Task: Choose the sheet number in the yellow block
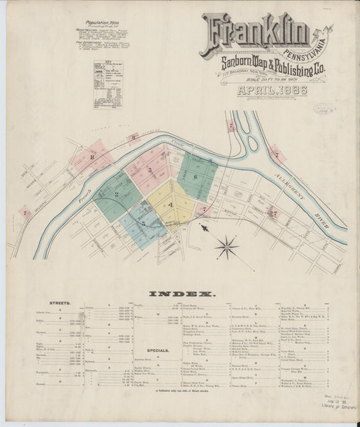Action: (171, 205)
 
